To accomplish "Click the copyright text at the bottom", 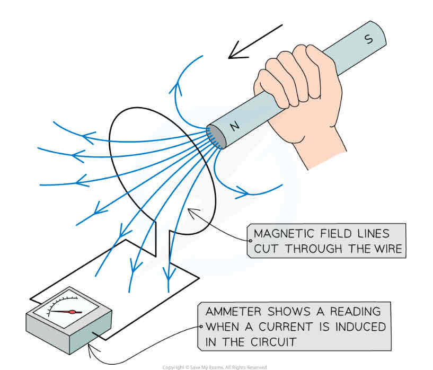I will click(x=214, y=367).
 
